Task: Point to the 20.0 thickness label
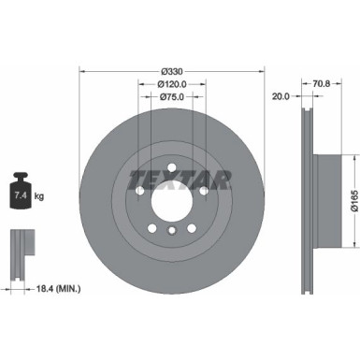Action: [x=279, y=96]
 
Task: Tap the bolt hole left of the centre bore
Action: [x=139, y=191]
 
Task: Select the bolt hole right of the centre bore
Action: [x=203, y=191]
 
